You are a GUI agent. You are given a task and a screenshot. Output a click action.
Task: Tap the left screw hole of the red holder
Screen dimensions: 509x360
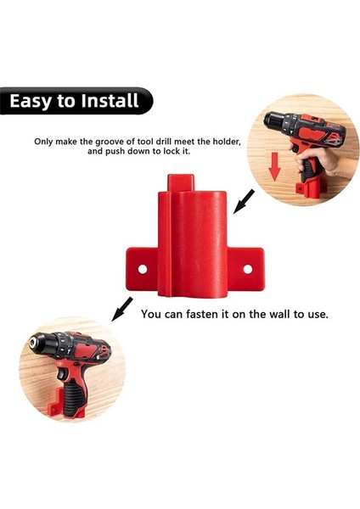click(x=143, y=269)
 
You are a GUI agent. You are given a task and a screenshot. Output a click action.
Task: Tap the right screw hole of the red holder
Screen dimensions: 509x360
click(x=249, y=269)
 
